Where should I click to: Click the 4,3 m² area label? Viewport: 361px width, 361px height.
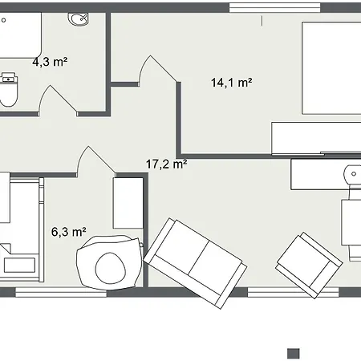click(x=50, y=62)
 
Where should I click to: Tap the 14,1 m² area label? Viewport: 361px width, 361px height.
click(x=231, y=83)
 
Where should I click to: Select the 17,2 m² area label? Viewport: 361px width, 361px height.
click(x=166, y=164)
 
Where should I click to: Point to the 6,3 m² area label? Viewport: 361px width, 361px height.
click(x=69, y=232)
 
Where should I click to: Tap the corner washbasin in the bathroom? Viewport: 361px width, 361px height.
click(x=79, y=19)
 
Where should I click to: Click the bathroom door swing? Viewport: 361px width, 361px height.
click(x=58, y=100)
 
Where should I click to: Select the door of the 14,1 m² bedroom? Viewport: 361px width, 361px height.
click(x=158, y=71)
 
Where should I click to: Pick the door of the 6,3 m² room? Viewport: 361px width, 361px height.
click(x=96, y=161)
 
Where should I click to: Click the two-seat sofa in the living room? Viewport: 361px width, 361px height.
click(x=195, y=263)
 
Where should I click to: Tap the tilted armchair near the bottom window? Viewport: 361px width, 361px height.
click(x=309, y=265)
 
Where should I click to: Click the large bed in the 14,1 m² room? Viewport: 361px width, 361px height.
click(x=331, y=68)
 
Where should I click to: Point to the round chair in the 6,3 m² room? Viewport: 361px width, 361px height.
click(x=109, y=262)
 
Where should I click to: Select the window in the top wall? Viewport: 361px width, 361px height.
click(x=274, y=8)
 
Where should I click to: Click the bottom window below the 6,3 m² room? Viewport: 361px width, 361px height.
click(x=61, y=292)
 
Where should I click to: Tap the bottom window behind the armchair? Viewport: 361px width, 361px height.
click(x=293, y=292)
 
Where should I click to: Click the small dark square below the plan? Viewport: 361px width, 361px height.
click(x=294, y=354)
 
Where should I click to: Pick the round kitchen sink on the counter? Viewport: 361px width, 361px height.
click(x=353, y=174)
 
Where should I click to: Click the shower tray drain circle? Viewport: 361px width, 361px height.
click(x=4, y=20)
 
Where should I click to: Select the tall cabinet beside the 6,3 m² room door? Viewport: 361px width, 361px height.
click(x=128, y=203)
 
